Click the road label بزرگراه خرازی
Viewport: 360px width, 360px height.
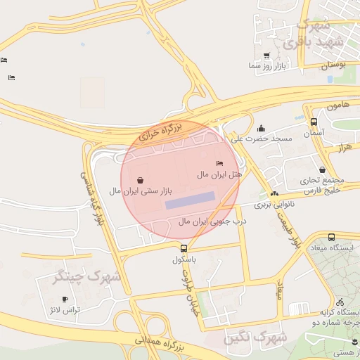click(161, 131)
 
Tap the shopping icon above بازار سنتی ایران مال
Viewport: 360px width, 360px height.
click(141, 180)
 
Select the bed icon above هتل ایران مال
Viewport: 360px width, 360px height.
click(219, 163)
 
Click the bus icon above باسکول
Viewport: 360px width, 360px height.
click(184, 248)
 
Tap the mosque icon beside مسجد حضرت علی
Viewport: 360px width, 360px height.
click(262, 129)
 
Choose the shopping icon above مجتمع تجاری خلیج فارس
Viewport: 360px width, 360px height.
click(322, 169)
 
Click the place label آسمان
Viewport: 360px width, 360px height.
click(313, 133)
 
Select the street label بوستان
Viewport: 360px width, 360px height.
click(334, 65)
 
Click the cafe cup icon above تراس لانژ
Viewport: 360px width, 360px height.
click(65, 300)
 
